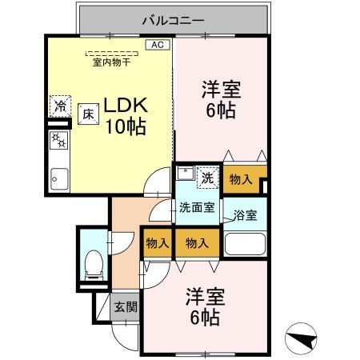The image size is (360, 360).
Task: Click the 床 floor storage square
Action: click(86, 114)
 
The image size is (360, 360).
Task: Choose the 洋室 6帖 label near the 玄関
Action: click(205, 306)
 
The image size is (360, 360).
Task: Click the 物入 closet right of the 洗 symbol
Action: click(240, 179)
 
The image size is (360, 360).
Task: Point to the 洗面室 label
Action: click(196, 207)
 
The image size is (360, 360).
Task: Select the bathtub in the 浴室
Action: click(246, 243)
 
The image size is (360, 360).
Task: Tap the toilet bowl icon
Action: click(94, 262)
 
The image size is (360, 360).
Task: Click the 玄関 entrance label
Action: click(125, 306)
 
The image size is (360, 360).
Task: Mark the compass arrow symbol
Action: click(302, 341)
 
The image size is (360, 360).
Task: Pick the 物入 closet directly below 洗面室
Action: click(196, 242)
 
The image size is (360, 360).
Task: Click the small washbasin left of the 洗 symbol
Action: click(184, 172)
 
